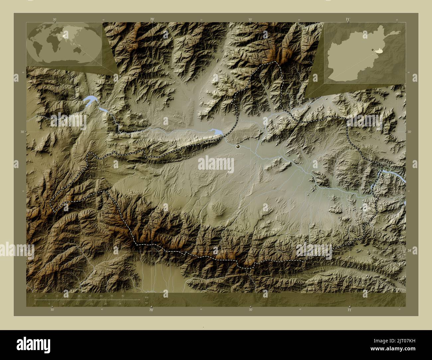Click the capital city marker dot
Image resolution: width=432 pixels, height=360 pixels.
(238, 146)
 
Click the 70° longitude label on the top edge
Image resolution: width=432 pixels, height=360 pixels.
(152, 20)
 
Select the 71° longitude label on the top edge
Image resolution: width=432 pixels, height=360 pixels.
(347, 20)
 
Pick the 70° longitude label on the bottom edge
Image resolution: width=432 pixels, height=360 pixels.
(151, 310)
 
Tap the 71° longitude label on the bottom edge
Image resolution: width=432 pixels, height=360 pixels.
(349, 310)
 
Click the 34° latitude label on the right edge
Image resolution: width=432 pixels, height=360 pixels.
(409, 251)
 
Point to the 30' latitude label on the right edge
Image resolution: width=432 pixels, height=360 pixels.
(409, 132)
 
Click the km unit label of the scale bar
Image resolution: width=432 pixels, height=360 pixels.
(147, 297)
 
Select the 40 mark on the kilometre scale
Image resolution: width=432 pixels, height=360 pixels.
(123, 296)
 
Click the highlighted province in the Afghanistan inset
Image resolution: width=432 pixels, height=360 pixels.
(378, 51)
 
